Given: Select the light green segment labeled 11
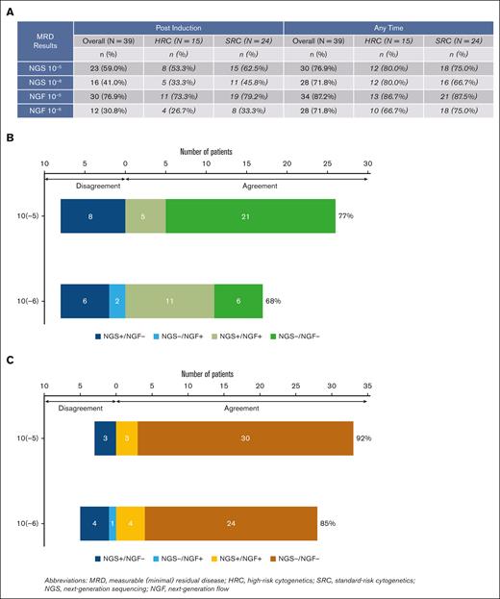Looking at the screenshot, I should (169, 300).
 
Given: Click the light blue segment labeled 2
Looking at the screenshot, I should (116, 300).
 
